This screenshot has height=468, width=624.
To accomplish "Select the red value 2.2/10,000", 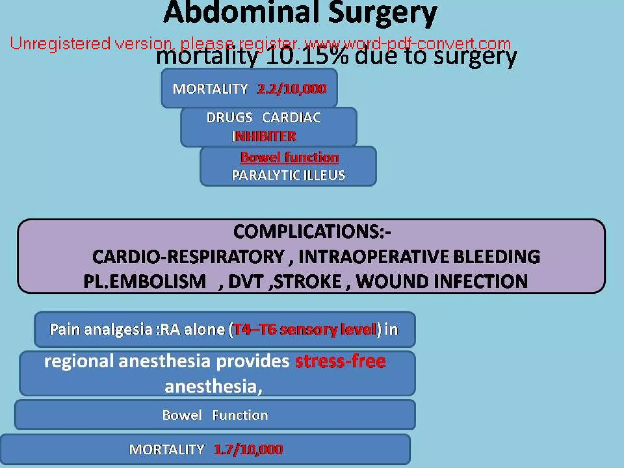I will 292,89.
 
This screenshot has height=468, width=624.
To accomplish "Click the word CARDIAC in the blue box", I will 291,118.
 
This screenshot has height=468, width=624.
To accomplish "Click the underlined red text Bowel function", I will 289,157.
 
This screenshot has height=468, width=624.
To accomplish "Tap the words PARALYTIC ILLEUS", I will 288,175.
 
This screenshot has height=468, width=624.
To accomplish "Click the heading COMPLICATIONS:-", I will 312,232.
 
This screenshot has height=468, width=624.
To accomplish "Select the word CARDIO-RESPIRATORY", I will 188,257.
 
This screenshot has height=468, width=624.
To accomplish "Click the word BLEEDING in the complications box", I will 496,257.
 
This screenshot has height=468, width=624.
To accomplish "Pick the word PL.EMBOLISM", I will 145,281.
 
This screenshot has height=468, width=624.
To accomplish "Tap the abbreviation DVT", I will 246,281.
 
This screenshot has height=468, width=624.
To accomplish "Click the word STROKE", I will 308,281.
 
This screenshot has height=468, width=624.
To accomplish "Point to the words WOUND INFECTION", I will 441,281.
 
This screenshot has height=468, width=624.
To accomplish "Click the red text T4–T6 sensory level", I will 304,330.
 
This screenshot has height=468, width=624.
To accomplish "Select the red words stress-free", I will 340,361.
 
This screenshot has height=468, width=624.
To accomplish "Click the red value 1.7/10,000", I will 248,449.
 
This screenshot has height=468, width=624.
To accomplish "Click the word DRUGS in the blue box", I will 229,118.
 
